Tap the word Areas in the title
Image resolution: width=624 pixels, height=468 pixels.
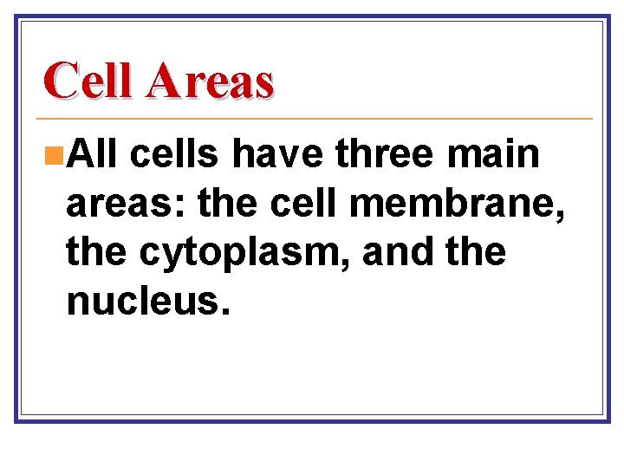(x=210, y=81)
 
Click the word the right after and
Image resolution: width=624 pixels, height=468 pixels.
(x=475, y=252)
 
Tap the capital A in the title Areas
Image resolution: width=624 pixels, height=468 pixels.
(x=165, y=81)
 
